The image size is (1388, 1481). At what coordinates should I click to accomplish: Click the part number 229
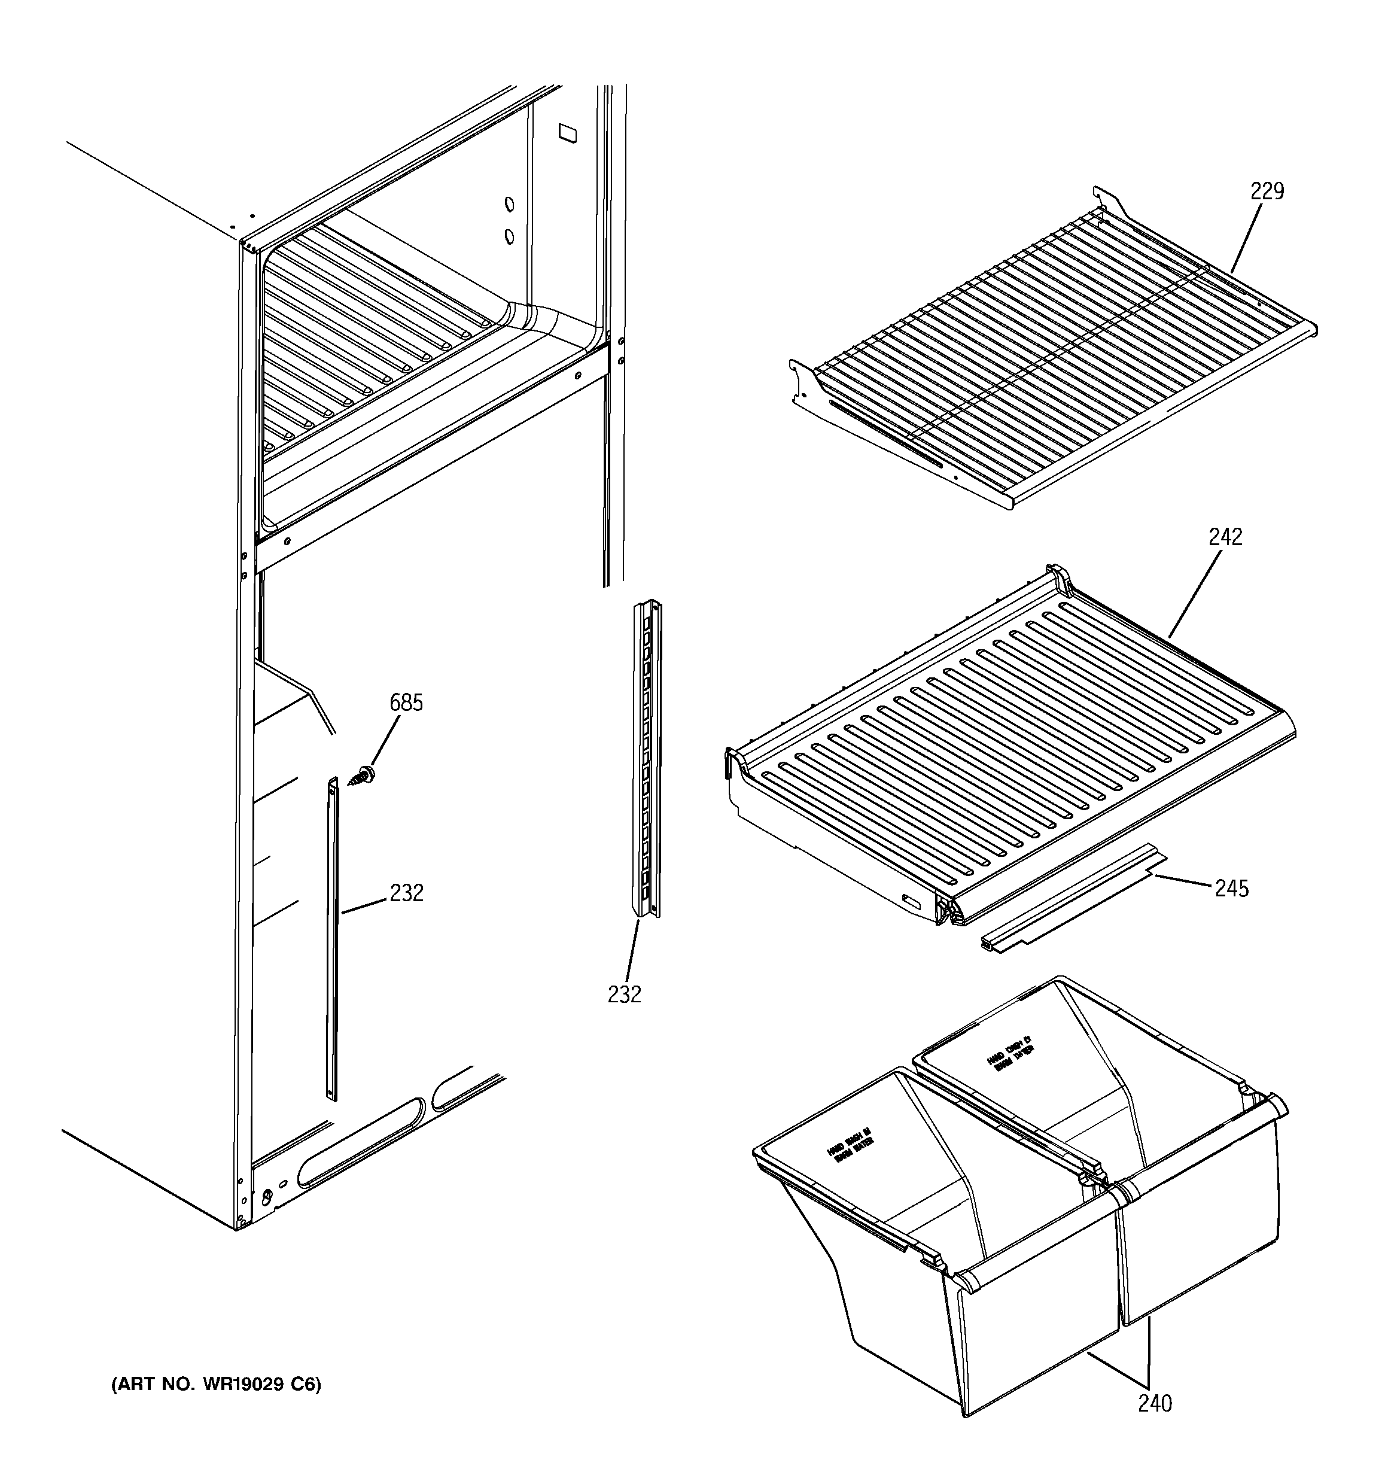tap(1267, 192)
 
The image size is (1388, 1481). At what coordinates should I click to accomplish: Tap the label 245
tap(1231, 889)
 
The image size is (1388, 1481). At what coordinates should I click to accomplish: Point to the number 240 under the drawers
tap(1154, 1404)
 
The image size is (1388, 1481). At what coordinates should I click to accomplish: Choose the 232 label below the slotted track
tap(623, 994)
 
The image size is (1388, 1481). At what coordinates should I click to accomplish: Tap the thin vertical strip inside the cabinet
tap(332, 939)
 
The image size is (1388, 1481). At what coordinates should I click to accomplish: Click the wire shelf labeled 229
tap(1043, 350)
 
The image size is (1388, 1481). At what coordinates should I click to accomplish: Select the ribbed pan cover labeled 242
tap(1006, 738)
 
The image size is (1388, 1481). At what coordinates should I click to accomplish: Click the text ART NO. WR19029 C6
tap(216, 1384)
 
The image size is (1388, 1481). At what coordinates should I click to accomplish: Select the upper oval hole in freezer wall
tap(510, 204)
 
